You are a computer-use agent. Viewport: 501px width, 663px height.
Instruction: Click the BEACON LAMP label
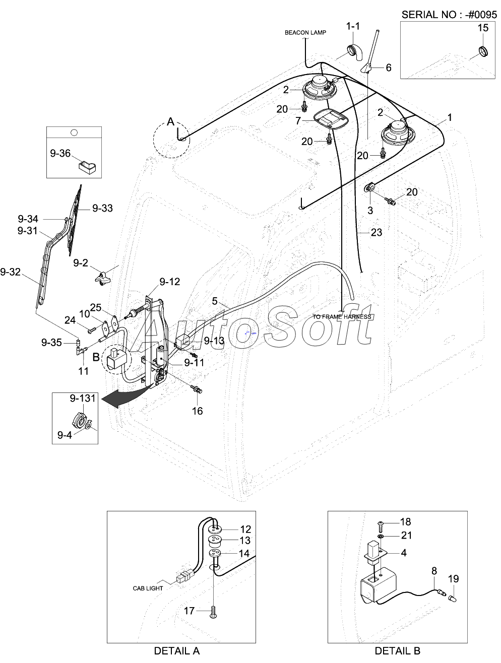305,33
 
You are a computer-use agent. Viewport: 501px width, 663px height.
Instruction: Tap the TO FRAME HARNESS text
341,317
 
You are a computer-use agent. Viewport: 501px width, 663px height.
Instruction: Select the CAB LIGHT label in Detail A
148,588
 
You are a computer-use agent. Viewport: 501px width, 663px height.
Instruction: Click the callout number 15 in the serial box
483,28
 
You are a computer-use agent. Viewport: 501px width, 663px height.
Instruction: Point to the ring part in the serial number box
483,51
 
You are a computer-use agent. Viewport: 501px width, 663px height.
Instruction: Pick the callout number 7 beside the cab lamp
298,121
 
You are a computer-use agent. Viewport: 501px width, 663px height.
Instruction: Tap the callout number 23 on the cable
376,232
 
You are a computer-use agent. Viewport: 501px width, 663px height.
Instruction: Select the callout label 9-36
60,153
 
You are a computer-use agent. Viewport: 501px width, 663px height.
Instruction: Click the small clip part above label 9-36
87,166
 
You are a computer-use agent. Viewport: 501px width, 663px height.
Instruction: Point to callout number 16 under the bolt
197,411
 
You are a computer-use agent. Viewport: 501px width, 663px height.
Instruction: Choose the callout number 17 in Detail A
189,611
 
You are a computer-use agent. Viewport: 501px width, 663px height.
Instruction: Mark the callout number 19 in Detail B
453,579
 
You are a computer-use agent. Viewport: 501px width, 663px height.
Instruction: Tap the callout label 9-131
82,399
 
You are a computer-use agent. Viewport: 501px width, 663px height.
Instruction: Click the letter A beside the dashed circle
170,121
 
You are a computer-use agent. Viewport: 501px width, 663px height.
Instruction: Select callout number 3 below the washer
370,211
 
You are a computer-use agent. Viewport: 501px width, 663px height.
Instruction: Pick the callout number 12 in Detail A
245,529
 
